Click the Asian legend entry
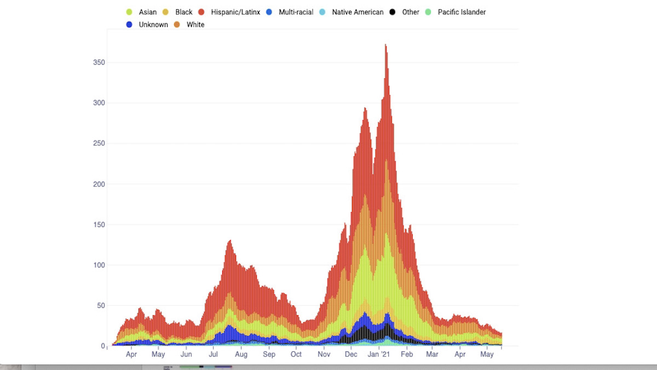coord(147,12)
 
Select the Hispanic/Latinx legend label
coord(235,12)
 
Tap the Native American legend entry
coord(358,12)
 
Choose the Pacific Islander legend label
coord(462,12)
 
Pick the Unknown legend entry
coord(153,25)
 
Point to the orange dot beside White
coord(177,25)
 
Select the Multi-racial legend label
coord(296,12)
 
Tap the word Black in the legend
coord(184,12)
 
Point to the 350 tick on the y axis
coord(99,62)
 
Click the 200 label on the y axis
coord(99,184)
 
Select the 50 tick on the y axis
coord(101,305)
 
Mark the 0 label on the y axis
coord(103,346)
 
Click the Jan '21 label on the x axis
coord(378,355)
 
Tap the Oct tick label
coord(296,355)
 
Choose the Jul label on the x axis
coord(213,355)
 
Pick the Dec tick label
coord(351,355)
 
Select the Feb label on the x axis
coord(407,355)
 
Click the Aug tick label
coord(241,355)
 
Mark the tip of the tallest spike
coord(385,45)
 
